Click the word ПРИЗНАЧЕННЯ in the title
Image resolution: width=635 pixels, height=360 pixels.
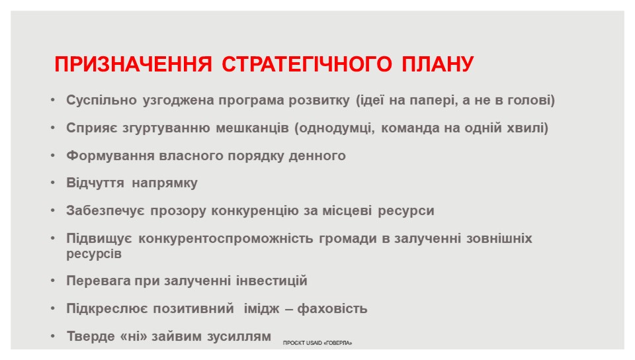click(133, 64)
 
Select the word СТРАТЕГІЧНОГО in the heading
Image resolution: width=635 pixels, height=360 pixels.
click(307, 64)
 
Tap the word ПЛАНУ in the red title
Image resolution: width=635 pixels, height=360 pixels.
click(438, 64)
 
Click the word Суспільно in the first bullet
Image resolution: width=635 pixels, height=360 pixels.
click(101, 100)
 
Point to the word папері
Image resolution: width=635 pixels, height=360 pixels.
click(434, 101)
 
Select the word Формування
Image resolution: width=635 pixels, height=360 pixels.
click(110, 156)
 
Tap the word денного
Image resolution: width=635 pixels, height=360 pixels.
click(317, 156)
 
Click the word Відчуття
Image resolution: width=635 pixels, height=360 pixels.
click(95, 183)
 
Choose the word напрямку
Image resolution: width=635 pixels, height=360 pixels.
click(165, 183)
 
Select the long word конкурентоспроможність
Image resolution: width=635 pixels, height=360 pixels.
click(226, 238)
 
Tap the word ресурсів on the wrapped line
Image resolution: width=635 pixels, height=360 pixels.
click(94, 254)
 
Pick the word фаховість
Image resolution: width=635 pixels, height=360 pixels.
click(332, 309)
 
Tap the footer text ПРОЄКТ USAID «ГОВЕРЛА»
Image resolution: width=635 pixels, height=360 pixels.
click(317, 343)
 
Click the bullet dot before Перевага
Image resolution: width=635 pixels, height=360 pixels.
click(53, 280)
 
